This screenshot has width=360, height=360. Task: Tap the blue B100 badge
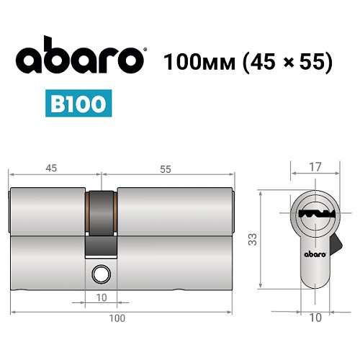[x=80, y=102]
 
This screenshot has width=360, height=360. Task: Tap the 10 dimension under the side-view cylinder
[x=102, y=296]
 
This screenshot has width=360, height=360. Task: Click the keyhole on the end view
[x=315, y=214]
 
